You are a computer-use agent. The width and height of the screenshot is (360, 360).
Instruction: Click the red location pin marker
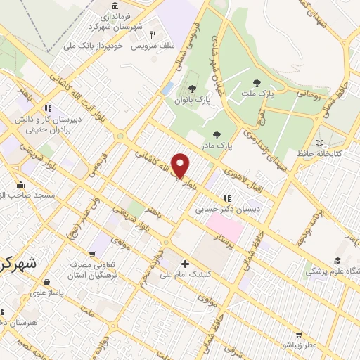pos(181,166)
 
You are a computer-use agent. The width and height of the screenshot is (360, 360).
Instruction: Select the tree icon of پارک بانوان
pos(192,89)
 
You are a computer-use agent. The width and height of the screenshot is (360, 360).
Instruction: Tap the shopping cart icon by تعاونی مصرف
pos(91,255)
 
